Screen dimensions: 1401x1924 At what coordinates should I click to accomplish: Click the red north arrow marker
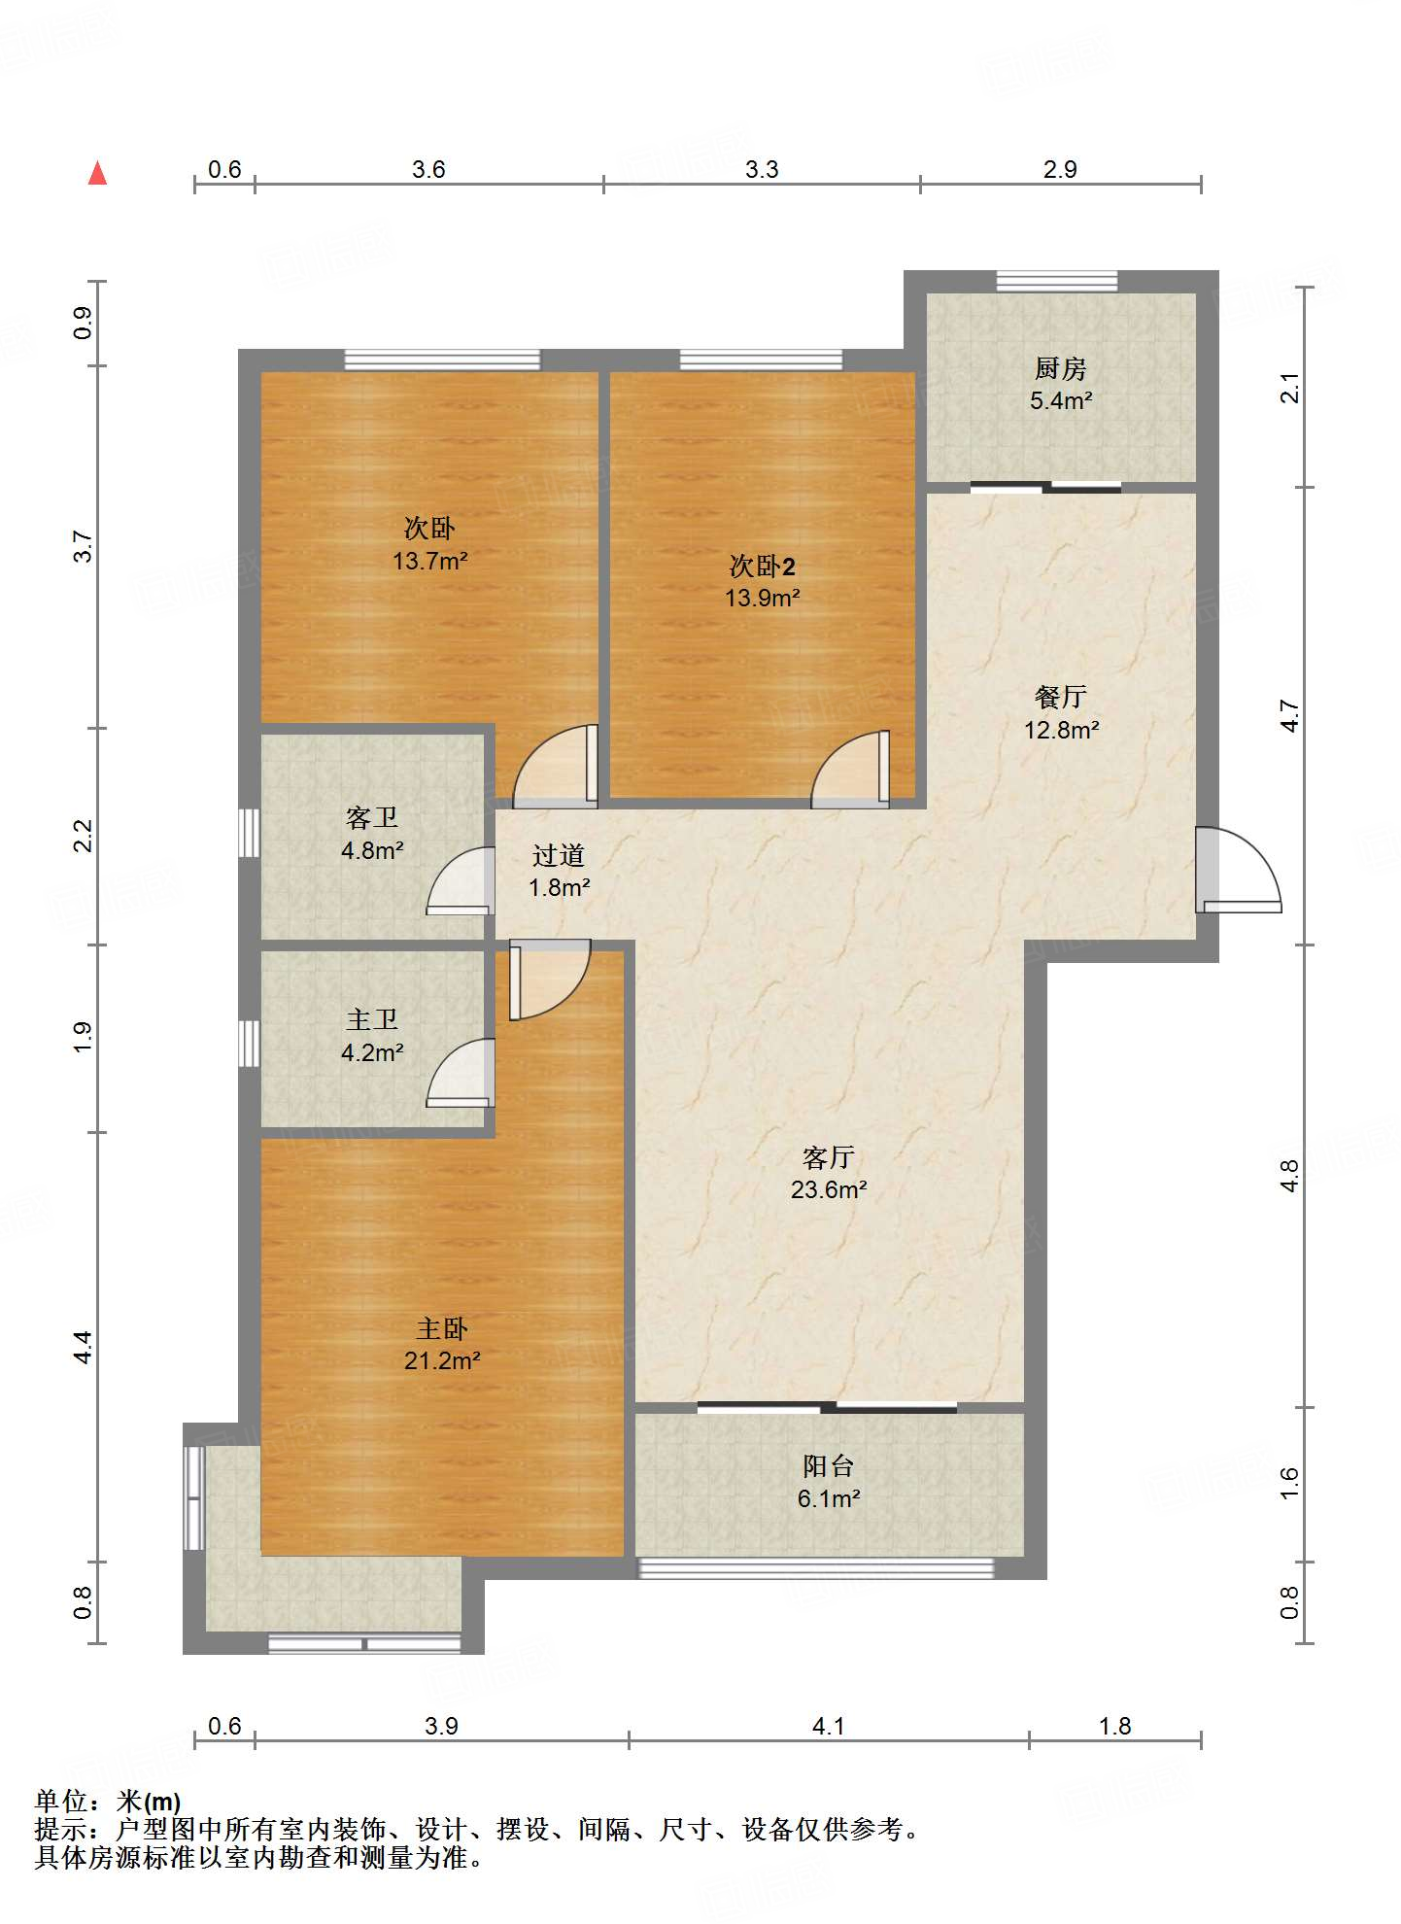click(97, 173)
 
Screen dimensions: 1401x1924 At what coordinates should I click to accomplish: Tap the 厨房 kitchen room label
click(1060, 369)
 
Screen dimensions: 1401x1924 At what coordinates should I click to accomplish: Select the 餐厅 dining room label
click(1060, 697)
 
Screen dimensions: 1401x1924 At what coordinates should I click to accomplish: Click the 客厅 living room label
click(828, 1157)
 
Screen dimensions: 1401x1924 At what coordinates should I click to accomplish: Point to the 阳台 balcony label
click(828, 1466)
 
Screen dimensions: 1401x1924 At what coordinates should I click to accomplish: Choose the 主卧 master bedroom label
click(442, 1328)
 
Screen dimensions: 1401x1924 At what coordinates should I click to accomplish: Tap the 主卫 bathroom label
click(372, 1019)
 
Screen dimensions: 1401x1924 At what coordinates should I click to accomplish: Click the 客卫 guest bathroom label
click(372, 817)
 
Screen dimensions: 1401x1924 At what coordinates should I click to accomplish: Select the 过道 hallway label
click(559, 855)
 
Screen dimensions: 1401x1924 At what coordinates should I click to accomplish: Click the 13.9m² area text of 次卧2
click(763, 598)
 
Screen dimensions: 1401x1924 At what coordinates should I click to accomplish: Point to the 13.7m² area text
click(430, 561)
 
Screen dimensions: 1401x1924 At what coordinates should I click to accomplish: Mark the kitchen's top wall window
click(1057, 282)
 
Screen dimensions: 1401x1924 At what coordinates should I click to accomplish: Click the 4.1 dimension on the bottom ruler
click(828, 1726)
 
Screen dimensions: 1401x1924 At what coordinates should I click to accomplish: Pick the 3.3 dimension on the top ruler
click(762, 169)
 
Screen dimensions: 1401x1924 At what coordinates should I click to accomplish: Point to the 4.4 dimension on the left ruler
click(83, 1347)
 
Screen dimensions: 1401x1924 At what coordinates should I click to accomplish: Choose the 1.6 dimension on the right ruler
click(1289, 1482)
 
